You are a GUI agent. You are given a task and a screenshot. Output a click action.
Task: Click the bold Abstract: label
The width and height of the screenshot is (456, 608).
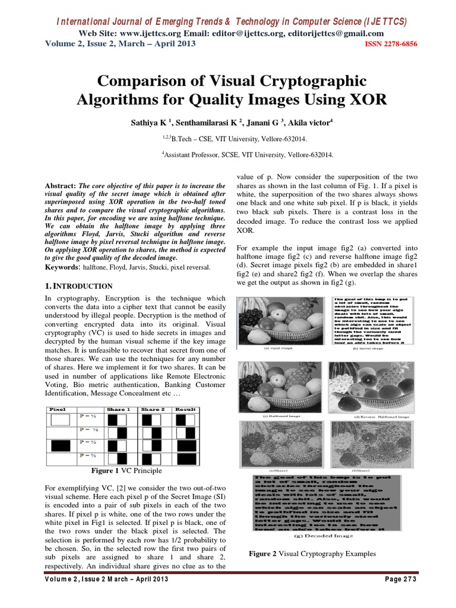[61, 186]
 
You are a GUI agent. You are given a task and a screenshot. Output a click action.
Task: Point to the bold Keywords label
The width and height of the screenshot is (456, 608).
[64, 268]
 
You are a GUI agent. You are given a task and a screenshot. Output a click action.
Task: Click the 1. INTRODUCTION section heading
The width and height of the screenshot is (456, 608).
[79, 286]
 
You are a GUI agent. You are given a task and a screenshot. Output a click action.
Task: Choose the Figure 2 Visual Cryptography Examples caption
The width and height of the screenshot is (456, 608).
[312, 554]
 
